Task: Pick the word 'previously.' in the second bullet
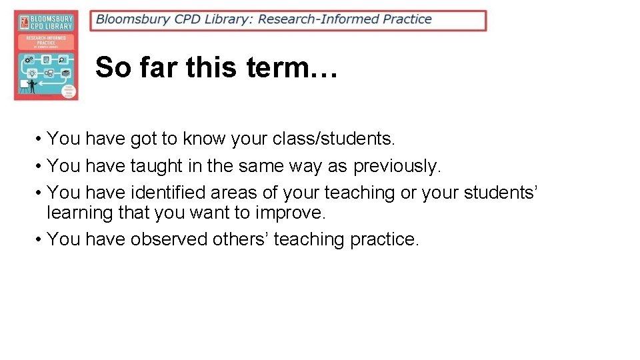click(397, 166)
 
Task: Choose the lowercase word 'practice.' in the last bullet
click(385, 239)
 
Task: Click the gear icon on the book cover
click(29, 60)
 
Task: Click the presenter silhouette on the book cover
click(31, 86)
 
